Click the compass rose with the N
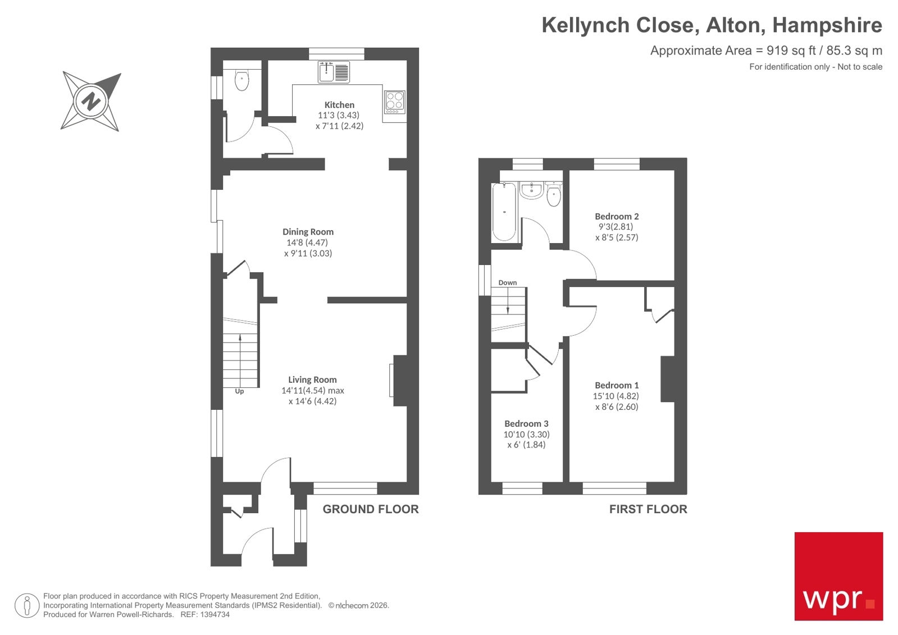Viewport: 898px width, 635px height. coord(91,102)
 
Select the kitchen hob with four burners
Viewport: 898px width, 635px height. coord(394,102)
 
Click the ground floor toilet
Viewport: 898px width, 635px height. coord(241,80)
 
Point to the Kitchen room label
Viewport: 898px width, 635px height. coord(339,105)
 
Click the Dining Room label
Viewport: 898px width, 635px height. coord(308,232)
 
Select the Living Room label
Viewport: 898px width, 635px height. coord(312,380)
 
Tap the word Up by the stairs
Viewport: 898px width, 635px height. coord(239,391)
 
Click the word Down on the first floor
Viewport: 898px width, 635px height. coord(508,283)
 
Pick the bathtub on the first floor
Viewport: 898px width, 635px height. coord(504,212)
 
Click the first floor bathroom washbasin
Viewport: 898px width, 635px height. coord(531,190)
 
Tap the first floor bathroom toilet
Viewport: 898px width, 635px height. coord(553,195)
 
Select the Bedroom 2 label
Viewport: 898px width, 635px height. coord(617,217)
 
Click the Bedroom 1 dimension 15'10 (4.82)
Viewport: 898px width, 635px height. coord(616,396)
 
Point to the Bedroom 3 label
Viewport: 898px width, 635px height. coord(526,424)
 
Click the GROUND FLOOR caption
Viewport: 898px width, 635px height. coord(371,509)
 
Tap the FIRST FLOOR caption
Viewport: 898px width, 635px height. coord(648,509)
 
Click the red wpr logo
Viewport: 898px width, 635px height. coord(838,576)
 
